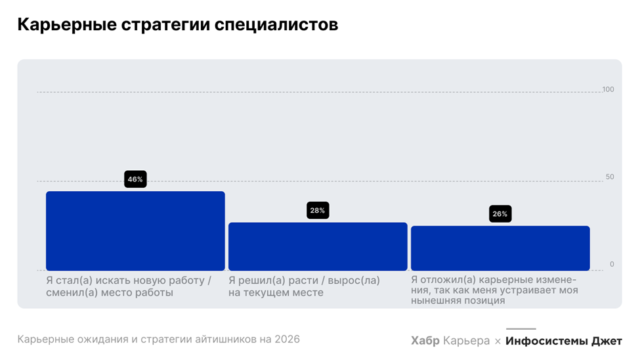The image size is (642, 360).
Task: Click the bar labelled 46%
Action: pos(135,231)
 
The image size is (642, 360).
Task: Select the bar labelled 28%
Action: pos(318,246)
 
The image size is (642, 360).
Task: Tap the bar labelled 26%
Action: pos(500,248)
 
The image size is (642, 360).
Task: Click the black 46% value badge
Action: pos(135,179)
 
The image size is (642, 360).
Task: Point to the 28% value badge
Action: pos(318,211)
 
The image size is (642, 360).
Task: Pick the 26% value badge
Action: pos(500,214)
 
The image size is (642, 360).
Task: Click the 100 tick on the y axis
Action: pos(608,89)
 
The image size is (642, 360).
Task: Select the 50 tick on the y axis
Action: pos(610,177)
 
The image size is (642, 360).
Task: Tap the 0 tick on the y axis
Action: pos(612,264)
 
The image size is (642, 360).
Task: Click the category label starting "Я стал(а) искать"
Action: pos(129,286)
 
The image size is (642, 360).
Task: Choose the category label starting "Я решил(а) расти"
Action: pos(304,286)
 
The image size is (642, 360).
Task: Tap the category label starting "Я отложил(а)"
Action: pos(494,290)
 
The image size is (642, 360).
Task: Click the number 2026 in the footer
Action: pos(287,340)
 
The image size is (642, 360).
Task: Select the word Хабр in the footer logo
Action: pos(425,341)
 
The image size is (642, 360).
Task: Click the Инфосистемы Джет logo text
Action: pos(563,341)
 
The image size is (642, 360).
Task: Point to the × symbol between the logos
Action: pos(498,341)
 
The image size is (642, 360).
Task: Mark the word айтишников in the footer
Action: pos(223,340)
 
